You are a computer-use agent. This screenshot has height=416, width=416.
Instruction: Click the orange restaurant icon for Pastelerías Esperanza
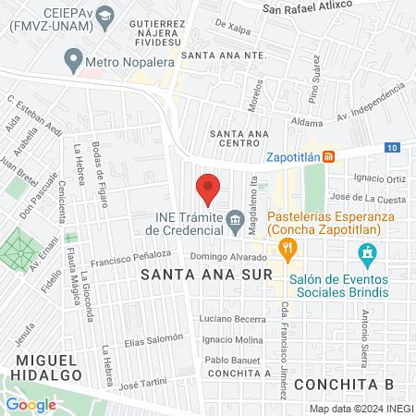(x=288, y=247)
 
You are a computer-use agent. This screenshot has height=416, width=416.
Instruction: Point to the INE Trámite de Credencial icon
(x=235, y=220)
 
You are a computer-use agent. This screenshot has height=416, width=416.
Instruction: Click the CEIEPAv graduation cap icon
(x=105, y=16)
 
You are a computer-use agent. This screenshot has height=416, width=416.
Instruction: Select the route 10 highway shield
(x=393, y=148)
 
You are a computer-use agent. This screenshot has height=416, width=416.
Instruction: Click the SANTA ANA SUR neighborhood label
(x=206, y=275)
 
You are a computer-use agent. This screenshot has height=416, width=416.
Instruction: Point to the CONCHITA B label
(x=357, y=383)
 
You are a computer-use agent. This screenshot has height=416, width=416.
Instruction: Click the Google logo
(x=31, y=404)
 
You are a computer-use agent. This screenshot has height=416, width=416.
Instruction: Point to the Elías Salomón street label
(x=153, y=340)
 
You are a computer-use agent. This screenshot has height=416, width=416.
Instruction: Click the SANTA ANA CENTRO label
(x=233, y=139)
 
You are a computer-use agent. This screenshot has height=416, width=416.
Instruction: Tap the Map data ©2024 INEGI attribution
(x=361, y=409)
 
